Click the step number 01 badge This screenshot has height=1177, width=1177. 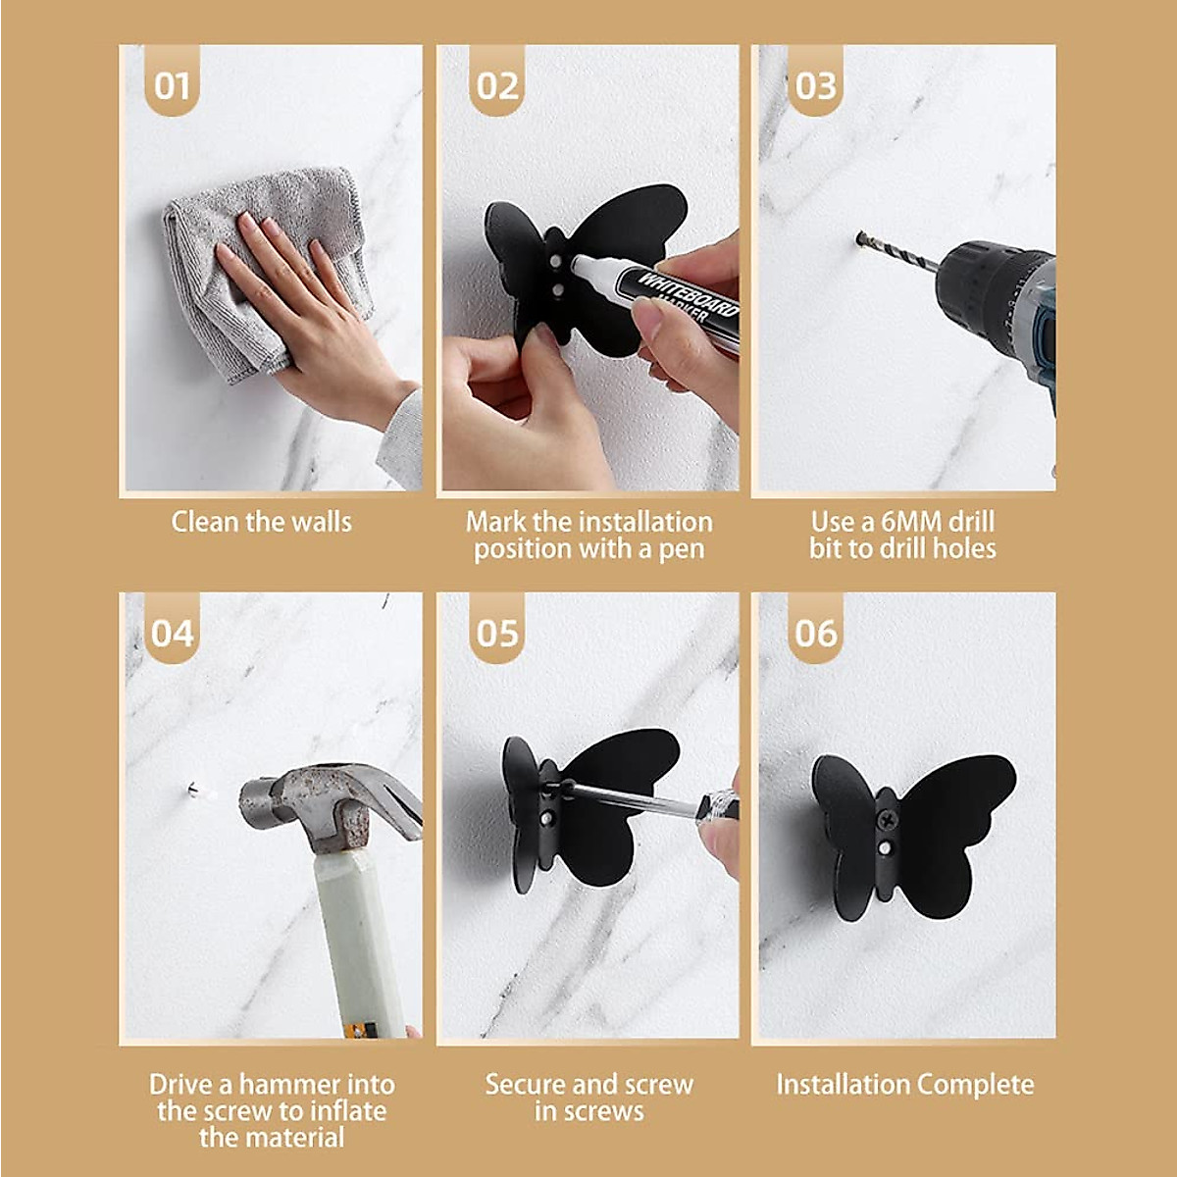tap(173, 85)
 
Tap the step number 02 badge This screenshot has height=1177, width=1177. tap(497, 85)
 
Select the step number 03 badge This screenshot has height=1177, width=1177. tap(815, 85)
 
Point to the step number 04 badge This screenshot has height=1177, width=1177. tap(173, 633)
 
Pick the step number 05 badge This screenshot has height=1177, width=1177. tap(497, 633)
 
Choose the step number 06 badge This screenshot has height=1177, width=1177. tap(815, 633)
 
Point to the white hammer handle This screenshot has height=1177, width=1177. tap(358, 942)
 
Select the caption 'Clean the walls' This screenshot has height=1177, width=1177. tap(261, 522)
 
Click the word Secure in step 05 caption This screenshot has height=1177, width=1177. tap(526, 1085)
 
